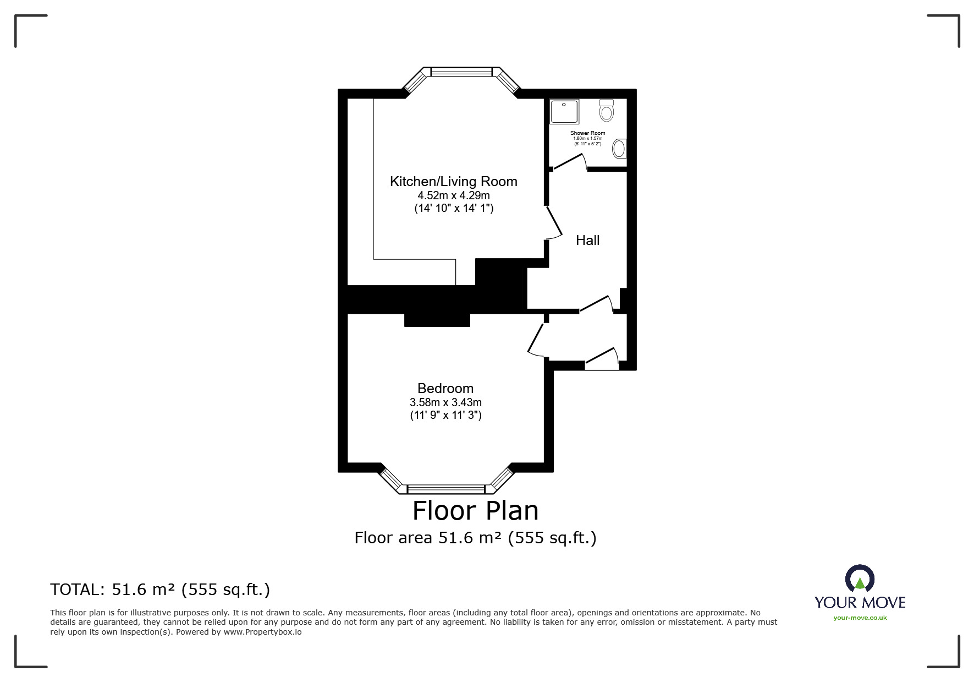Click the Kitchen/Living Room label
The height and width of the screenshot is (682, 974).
pyautogui.click(x=453, y=181)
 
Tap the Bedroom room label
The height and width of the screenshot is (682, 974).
pyautogui.click(x=445, y=388)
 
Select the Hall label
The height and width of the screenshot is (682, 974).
pyautogui.click(x=587, y=240)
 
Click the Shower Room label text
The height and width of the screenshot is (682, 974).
pyautogui.click(x=587, y=133)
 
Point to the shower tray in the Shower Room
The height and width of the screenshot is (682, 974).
pyautogui.click(x=564, y=112)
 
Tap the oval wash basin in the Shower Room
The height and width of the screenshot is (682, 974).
pyautogui.click(x=619, y=149)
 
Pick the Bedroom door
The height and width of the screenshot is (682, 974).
pyautogui.click(x=536, y=339)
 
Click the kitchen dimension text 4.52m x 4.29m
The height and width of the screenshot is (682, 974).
pyautogui.click(x=453, y=195)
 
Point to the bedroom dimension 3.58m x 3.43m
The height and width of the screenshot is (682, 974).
pyautogui.click(x=445, y=402)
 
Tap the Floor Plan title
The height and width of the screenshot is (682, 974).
pyautogui.click(x=475, y=510)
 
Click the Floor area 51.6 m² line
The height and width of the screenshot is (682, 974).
pyautogui.click(x=475, y=537)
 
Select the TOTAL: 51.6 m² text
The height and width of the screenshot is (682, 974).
pyautogui.click(x=160, y=590)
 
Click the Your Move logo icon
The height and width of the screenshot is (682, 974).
pyautogui.click(x=859, y=579)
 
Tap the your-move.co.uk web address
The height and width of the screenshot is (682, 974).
pyautogui.click(x=860, y=618)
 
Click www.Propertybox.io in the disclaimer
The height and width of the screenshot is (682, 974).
pyautogui.click(x=262, y=632)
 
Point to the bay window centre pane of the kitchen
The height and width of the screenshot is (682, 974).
pyautogui.click(x=461, y=72)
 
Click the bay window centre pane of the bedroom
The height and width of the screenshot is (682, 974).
pyautogui.click(x=446, y=489)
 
